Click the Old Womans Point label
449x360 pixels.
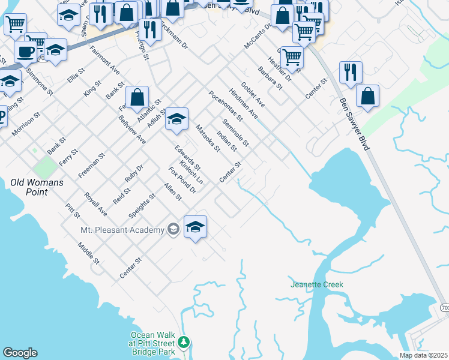tap(37, 187)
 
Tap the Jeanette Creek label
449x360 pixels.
tap(317, 284)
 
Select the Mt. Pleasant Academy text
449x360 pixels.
tap(122, 230)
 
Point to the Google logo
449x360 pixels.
tap(20, 353)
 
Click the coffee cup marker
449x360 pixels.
tap(26, 52)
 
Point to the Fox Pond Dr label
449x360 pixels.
tap(182, 180)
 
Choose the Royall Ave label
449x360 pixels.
tap(95, 204)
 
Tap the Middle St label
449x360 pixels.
tap(88, 253)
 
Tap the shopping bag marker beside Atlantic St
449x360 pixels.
tap(137, 97)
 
